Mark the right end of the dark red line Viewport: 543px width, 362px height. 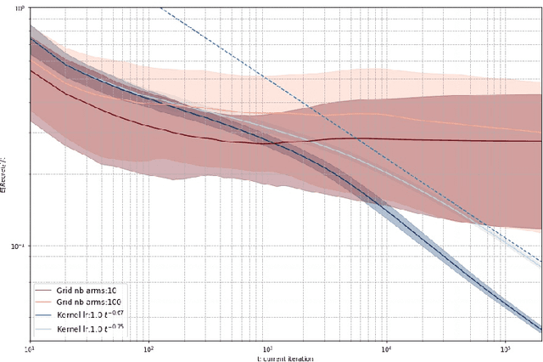click(540, 141)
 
